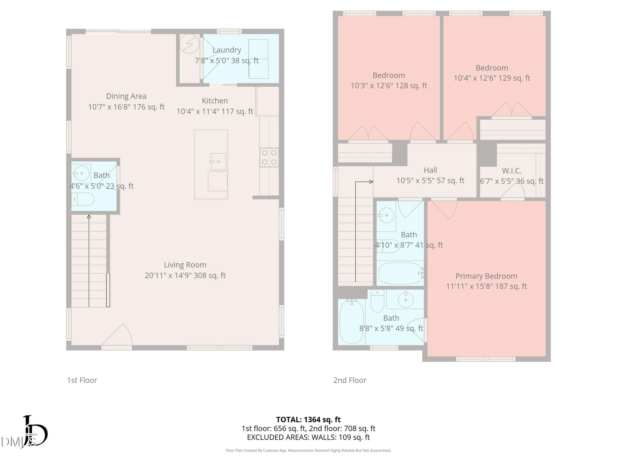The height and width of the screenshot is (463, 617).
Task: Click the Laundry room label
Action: tap(227, 50)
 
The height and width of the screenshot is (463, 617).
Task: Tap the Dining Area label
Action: tap(126, 96)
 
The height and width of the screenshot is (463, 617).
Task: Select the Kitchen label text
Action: tap(215, 101)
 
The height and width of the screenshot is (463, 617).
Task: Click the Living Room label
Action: tap(185, 265)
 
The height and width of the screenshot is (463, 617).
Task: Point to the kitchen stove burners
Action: tap(269, 157)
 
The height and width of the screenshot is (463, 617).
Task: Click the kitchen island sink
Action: tap(218, 161)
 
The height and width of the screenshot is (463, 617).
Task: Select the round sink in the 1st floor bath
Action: tap(81, 173)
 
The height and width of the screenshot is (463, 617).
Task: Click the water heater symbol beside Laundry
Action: tap(189, 44)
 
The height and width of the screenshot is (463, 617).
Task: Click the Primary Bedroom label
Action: tap(486, 276)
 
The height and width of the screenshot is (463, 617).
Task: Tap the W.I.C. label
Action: tap(512, 171)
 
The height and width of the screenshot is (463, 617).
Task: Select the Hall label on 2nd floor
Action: tap(430, 170)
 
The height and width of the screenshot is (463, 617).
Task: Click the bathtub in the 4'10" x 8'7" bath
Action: tap(400, 273)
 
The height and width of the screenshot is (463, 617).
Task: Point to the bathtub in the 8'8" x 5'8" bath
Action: tap(351, 321)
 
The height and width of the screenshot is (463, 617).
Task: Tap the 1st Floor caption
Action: tap(82, 380)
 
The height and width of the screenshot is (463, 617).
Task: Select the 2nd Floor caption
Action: tap(350, 380)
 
